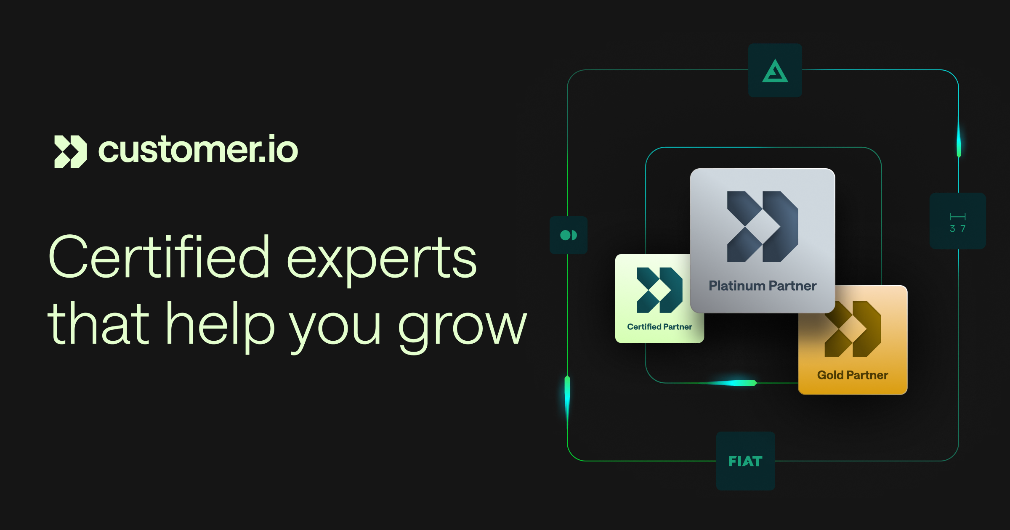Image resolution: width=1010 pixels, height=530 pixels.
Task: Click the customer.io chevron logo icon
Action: tap(70, 151)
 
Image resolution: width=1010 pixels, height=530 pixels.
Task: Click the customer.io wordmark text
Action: tap(198, 150)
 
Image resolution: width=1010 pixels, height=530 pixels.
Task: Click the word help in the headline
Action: tap(221, 324)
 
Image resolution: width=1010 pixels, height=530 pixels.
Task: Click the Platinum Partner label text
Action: tap(762, 286)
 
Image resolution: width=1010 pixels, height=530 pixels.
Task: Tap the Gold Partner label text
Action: tap(852, 375)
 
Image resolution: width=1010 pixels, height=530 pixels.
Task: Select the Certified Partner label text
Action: tap(659, 327)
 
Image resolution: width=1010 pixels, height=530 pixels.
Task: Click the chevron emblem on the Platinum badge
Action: tap(762, 227)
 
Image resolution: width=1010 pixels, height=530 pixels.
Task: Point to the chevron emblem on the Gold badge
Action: tap(852, 329)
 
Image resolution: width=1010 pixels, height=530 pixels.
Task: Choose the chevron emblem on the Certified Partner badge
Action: tap(659, 290)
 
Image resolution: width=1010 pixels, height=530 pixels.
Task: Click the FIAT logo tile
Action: tap(745, 461)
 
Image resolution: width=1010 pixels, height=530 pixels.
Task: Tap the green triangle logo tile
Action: tap(775, 71)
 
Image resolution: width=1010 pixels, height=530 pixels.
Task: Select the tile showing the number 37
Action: tap(957, 221)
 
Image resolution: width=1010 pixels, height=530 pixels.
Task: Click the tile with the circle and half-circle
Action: tap(568, 235)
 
